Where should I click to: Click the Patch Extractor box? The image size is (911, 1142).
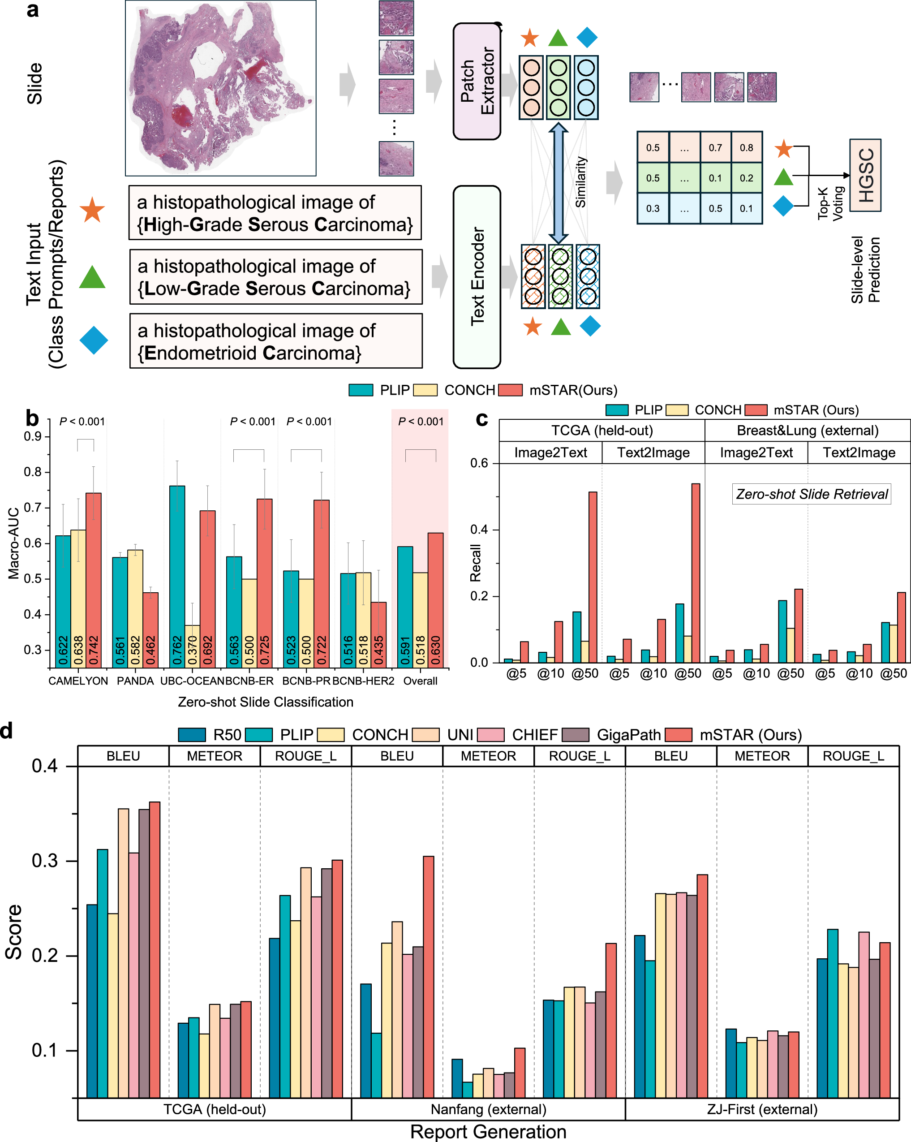coord(476,81)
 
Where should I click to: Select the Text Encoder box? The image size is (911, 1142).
coord(476,276)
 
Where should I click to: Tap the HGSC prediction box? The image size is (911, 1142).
coord(865,175)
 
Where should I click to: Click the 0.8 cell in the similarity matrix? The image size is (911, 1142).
coord(746,148)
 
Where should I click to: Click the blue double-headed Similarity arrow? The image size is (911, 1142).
coord(558,183)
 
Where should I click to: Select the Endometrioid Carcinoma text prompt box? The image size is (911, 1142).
coord(275,340)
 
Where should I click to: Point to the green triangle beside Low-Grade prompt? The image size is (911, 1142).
coord(92,277)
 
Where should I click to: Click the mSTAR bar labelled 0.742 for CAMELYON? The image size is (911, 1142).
coord(93,580)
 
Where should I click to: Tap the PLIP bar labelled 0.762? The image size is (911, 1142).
coord(177,576)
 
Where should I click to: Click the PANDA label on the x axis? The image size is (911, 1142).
coord(135,681)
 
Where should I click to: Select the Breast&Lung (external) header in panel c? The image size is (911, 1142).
coord(807,430)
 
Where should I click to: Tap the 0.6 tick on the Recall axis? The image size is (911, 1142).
coord(479,463)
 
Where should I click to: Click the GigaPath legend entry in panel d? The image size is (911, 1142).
coord(628,735)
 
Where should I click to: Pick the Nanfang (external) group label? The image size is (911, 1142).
coord(488,1109)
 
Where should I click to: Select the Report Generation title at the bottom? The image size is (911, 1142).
coord(488,1131)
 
